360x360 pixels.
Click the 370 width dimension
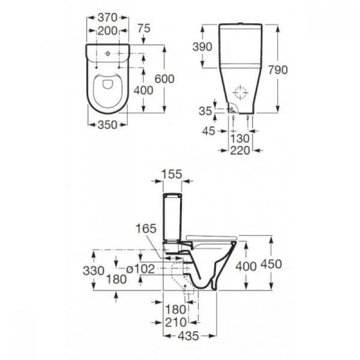107,17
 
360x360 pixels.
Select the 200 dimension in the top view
107,31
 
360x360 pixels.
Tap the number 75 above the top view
144,28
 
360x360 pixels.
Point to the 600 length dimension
164,79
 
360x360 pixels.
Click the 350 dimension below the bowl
107,125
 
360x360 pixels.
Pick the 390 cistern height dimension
202,47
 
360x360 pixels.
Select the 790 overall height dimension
278,70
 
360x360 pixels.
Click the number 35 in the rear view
205,111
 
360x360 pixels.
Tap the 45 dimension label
209,131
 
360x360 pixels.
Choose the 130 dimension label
239,139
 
